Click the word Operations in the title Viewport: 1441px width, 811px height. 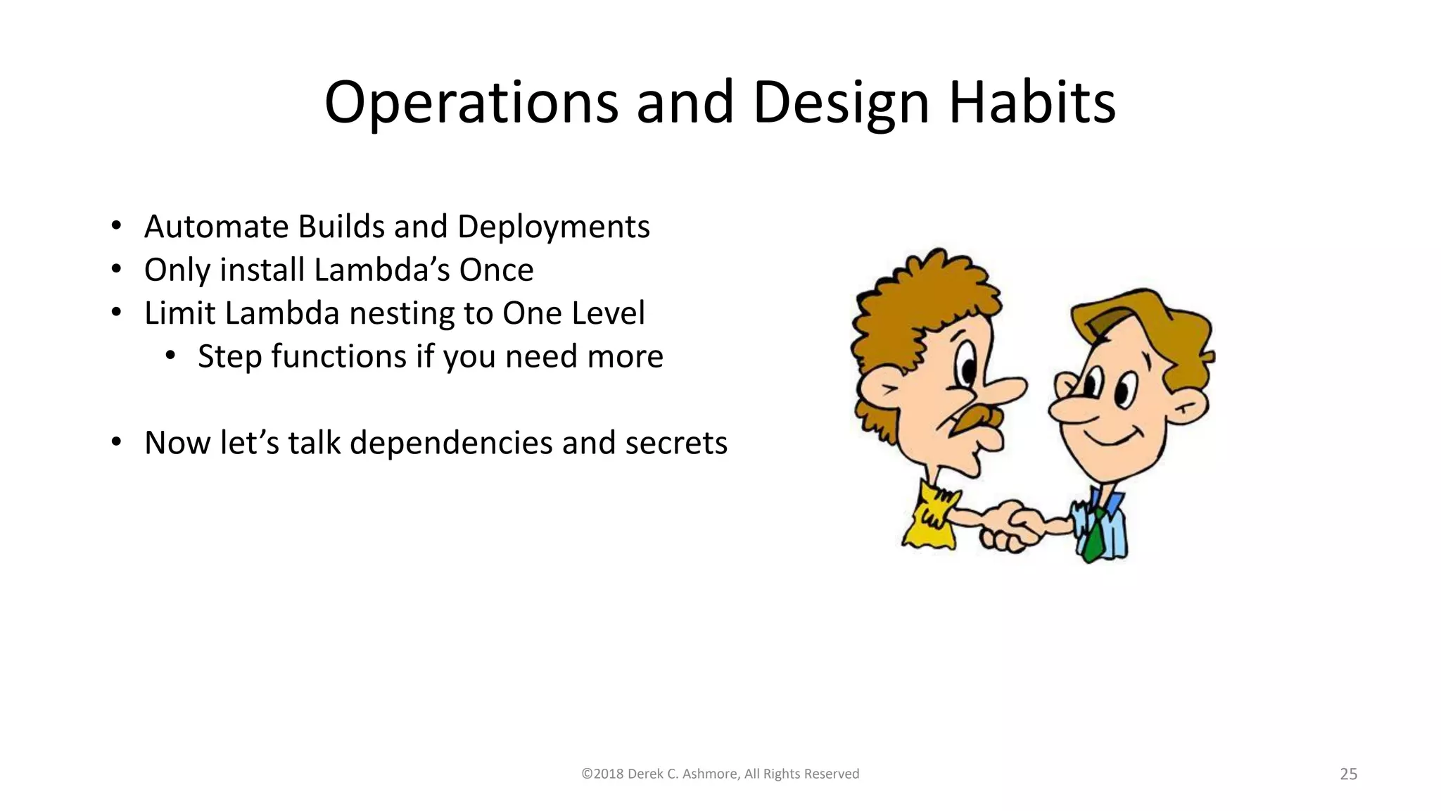tap(471, 103)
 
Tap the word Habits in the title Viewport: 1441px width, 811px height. tap(1031, 103)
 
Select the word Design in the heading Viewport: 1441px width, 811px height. tap(841, 103)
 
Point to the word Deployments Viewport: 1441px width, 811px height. tap(553, 227)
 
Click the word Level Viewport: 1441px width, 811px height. tap(608, 313)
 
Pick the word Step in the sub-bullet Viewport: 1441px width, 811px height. tap(229, 357)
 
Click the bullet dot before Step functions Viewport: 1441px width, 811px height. tap(170, 357)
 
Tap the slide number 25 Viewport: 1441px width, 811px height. tap(1348, 774)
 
